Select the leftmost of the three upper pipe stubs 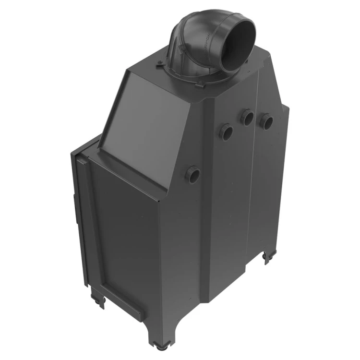coord(227,132)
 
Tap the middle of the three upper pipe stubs coord(248,117)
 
